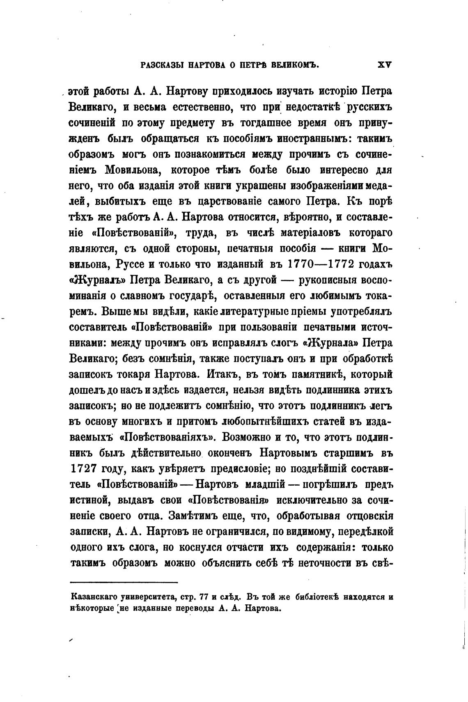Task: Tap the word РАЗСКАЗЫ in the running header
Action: click(x=162, y=65)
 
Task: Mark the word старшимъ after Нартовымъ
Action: click(x=349, y=454)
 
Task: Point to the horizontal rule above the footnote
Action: click(x=124, y=583)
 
